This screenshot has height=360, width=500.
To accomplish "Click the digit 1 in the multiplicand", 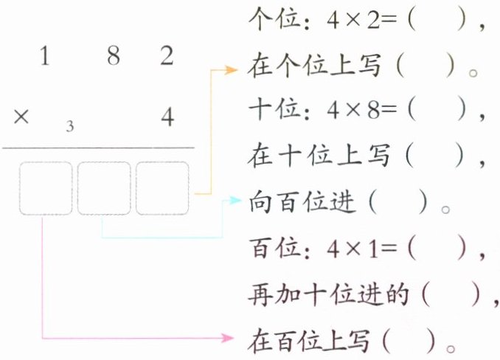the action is [x=46, y=57].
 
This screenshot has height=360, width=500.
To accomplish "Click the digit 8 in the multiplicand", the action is [x=113, y=57].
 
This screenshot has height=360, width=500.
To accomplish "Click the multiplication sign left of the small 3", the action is [x=21, y=117].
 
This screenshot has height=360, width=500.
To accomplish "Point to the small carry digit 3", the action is [x=69, y=126].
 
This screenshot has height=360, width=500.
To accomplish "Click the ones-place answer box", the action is [x=162, y=188].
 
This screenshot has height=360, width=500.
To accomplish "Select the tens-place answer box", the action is [x=104, y=188].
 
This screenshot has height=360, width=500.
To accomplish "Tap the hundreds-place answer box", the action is [x=46, y=188].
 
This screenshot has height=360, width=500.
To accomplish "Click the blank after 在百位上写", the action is [x=412, y=341].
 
